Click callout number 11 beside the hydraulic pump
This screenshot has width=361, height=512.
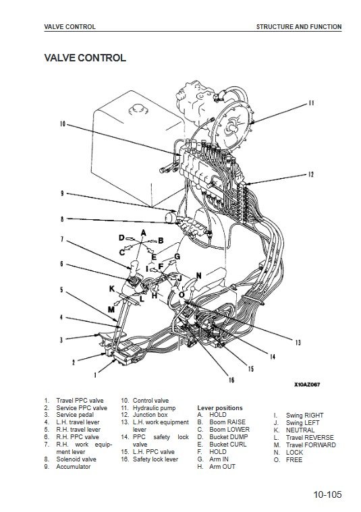(x=311, y=103)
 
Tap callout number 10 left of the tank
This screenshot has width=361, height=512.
(x=63, y=123)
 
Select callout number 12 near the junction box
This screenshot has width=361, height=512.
(x=310, y=175)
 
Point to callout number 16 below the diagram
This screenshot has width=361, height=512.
(x=231, y=380)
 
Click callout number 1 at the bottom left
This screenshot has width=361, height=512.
(x=95, y=375)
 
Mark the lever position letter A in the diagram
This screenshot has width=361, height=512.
(x=144, y=233)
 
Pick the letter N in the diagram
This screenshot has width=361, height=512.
(x=198, y=276)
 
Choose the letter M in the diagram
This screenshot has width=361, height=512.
(x=111, y=309)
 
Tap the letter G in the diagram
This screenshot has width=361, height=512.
(x=177, y=256)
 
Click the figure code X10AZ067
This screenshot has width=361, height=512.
(x=307, y=385)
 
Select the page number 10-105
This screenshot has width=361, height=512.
(x=327, y=494)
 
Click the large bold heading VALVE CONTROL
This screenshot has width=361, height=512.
(x=85, y=58)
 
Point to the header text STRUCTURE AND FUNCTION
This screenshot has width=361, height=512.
(x=299, y=27)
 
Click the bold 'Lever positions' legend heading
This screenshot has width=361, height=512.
(x=220, y=408)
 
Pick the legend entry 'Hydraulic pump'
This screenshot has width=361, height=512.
(x=154, y=408)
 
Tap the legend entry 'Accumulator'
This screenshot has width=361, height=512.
(x=73, y=467)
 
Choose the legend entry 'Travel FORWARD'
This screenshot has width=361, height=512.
(x=310, y=445)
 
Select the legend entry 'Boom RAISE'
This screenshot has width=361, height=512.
(x=227, y=422)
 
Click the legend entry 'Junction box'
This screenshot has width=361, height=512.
(x=150, y=415)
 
